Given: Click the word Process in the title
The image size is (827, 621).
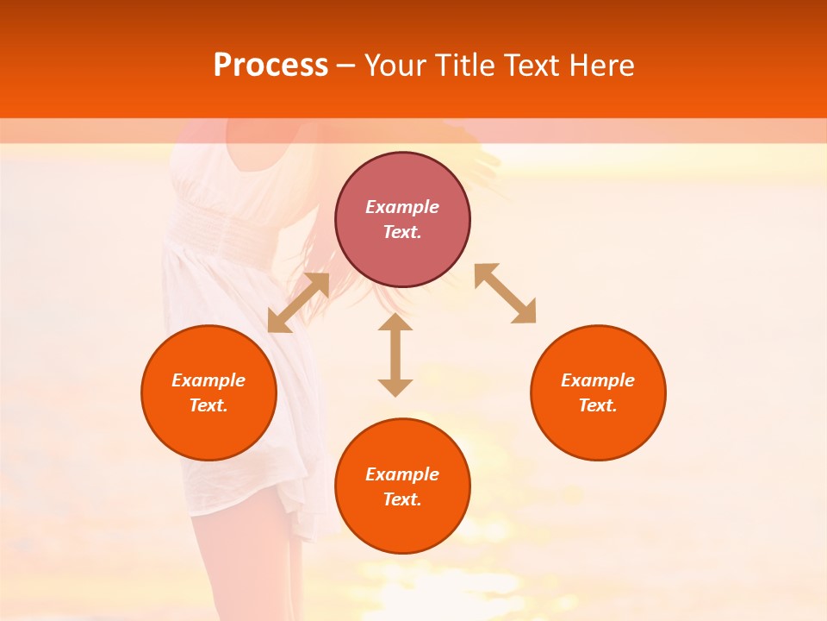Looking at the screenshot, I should coord(270,66).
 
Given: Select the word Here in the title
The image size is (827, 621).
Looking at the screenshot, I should coord(601,66).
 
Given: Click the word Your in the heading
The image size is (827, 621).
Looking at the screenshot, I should coord(395,66).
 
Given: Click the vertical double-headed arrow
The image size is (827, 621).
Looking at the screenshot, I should coord(395,354).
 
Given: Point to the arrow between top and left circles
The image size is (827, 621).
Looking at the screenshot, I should coord(299,303).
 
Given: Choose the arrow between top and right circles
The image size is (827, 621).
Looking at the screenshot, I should coord(505,293).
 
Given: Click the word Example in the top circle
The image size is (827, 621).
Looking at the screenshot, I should coord(402,207).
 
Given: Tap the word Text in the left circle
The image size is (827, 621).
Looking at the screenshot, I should coord(208,405).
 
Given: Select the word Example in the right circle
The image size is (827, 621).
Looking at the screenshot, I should coord(598,380).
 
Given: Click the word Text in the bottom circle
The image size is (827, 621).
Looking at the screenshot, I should coord(402,499).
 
